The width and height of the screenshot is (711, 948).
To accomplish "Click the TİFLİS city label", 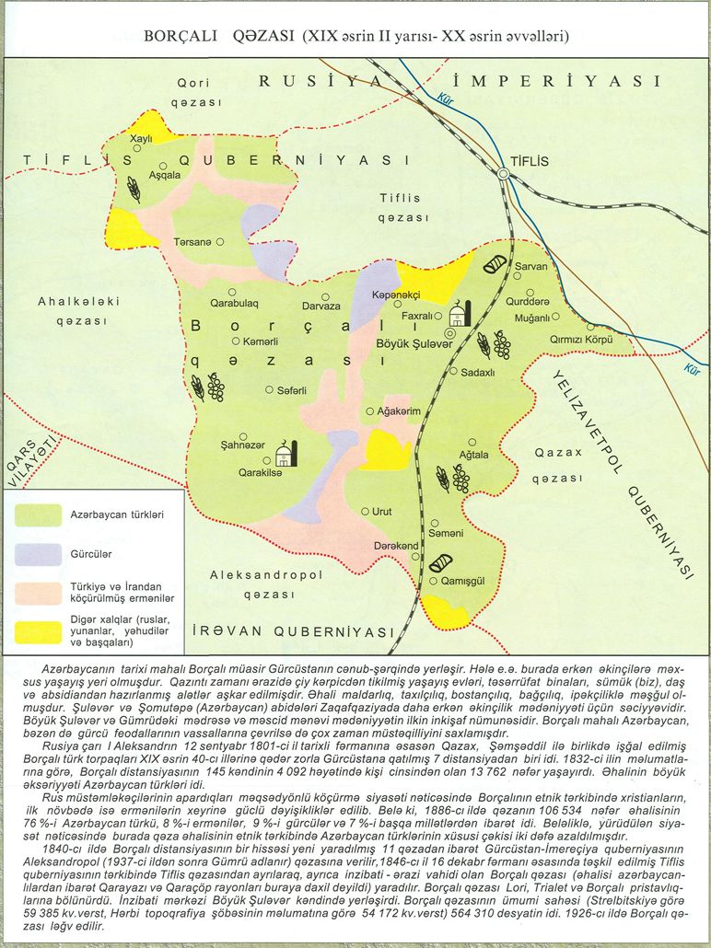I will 530,161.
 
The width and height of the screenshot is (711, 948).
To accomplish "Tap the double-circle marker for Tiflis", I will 504,173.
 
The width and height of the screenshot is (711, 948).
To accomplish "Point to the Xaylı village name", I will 141,138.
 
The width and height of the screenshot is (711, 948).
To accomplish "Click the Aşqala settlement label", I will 165,175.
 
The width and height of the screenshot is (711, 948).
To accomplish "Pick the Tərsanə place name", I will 192,242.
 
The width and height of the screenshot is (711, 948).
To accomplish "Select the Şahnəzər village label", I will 243,445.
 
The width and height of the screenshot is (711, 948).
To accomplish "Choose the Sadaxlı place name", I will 478,372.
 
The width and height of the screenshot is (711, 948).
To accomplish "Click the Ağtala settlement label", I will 473,454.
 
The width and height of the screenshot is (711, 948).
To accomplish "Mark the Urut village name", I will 382,511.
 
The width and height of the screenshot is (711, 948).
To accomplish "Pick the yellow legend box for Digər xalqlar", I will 39,632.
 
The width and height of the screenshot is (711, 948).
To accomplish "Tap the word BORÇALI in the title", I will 180,36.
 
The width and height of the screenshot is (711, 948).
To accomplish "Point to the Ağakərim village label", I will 399,411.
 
